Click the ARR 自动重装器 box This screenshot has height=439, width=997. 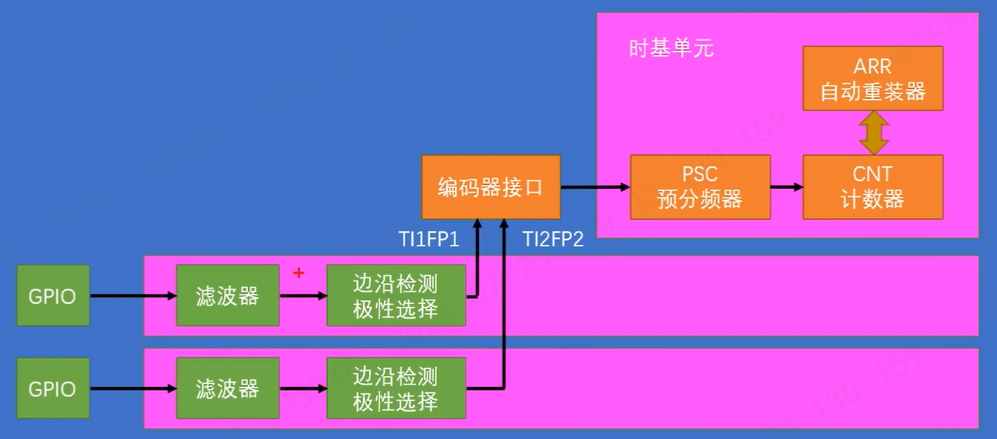873,79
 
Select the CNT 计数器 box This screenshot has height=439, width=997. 873,187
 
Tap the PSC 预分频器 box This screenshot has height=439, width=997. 700,187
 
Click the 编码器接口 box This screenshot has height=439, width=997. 491,187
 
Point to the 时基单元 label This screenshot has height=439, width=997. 671,49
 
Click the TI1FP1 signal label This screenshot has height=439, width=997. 429,240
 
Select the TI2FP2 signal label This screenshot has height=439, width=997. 553,240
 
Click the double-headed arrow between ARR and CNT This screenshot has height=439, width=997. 873,133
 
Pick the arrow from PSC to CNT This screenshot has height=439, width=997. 787,187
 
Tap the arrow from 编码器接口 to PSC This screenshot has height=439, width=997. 596,187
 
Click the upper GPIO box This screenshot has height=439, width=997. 52,296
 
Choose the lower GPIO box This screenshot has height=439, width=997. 52,389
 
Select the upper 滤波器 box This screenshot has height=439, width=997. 227,296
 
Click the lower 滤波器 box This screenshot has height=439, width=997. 227,389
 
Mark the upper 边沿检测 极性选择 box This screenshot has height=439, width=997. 396,296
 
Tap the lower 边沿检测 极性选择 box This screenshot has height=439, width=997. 396,389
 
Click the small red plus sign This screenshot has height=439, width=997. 299,273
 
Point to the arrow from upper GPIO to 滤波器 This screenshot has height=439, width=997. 133,296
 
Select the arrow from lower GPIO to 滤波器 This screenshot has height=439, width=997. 133,390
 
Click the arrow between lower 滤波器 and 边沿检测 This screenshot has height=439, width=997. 303,390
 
